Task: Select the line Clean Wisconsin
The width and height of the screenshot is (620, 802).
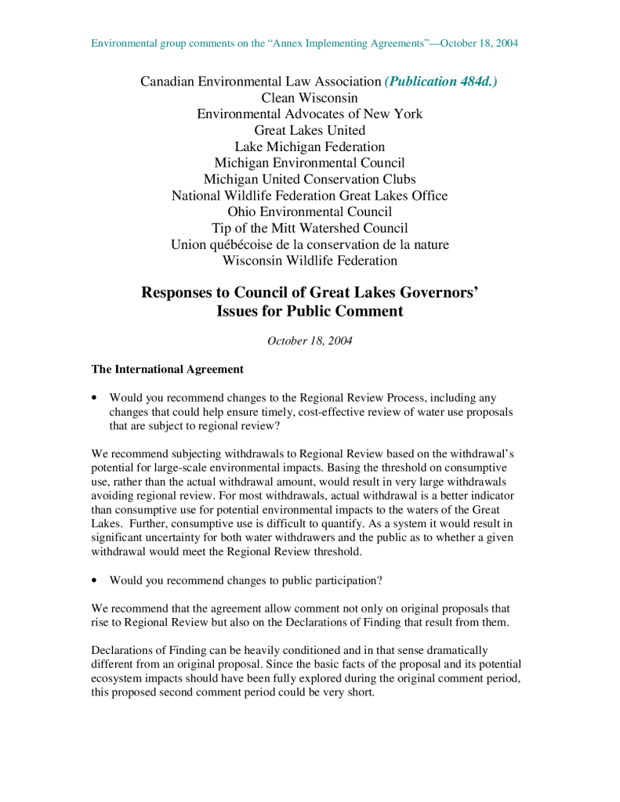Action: (x=310, y=98)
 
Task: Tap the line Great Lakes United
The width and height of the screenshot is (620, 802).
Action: (x=310, y=130)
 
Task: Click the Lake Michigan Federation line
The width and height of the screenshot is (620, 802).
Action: (x=310, y=146)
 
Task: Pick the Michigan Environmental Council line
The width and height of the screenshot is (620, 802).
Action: (x=310, y=163)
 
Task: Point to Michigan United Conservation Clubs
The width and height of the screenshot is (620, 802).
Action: (x=310, y=179)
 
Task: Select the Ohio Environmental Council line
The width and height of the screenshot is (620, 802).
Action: (x=310, y=211)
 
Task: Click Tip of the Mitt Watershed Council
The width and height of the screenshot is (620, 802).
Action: (x=310, y=228)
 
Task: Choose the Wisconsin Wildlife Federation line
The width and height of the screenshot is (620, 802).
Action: (x=310, y=261)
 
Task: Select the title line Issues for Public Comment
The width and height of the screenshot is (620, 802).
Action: (x=310, y=311)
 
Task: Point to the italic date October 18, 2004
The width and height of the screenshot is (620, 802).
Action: (x=310, y=341)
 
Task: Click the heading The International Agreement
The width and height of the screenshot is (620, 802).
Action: (x=168, y=369)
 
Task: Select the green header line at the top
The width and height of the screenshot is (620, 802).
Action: (x=304, y=43)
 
